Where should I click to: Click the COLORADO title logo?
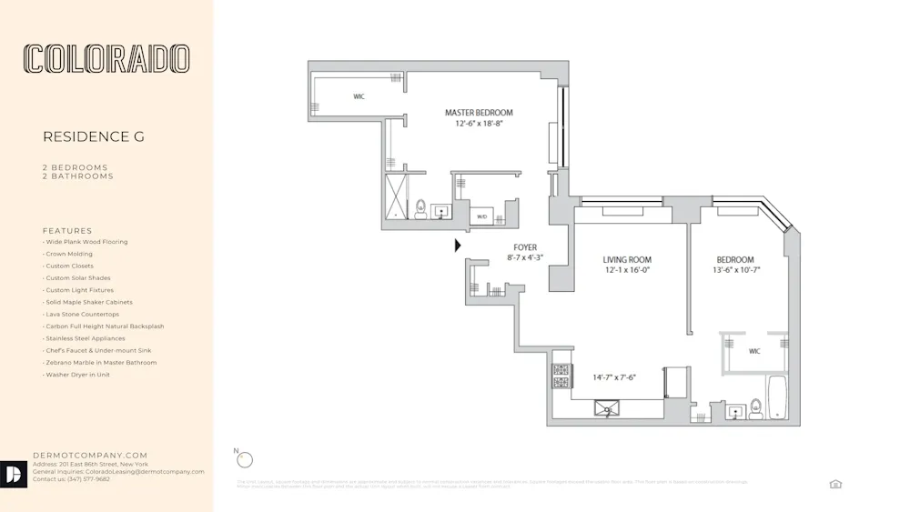tap(106, 59)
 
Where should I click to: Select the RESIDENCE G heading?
tap(94, 137)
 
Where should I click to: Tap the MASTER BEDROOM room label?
tap(479, 113)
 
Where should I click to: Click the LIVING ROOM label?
tap(627, 260)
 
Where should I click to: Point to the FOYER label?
tap(525, 247)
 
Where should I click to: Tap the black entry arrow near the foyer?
tap(458, 245)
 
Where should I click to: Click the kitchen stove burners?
tap(561, 375)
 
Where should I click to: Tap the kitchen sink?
tap(606, 408)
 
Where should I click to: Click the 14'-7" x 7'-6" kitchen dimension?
tap(614, 377)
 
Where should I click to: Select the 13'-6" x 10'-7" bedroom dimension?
tap(734, 270)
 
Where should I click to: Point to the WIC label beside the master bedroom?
tap(359, 96)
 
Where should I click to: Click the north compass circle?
tap(244, 460)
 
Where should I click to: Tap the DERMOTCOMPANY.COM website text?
tap(90, 455)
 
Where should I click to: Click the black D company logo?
tap(15, 475)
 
